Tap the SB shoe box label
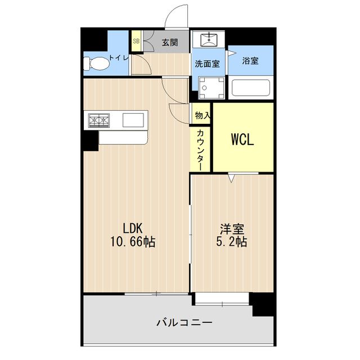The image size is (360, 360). click(136, 41)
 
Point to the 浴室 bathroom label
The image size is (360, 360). click(251, 60)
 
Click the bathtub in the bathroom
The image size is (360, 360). click(251, 89)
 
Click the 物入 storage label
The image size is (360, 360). click(202, 115)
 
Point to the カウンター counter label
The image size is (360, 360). click(201, 148)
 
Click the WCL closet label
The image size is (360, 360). click(242, 139)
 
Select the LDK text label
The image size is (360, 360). click(133, 228)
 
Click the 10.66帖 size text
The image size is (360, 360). click(133, 242)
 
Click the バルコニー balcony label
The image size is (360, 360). click(184, 323)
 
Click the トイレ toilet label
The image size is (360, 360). click(119, 58)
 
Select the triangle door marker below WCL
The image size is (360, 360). click(232, 178)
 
